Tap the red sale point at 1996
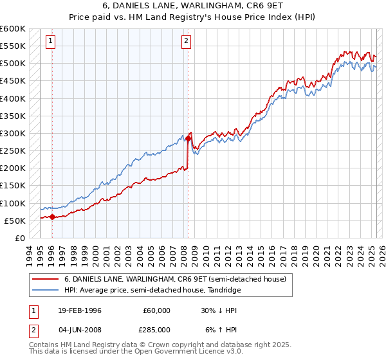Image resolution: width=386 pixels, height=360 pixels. (x=52, y=217)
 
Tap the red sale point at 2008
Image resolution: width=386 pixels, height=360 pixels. (x=188, y=138)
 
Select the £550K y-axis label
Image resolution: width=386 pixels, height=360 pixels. (x=13, y=46)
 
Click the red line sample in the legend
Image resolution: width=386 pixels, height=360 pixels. (x=46, y=278)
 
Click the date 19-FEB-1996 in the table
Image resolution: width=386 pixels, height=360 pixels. (x=79, y=310)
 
